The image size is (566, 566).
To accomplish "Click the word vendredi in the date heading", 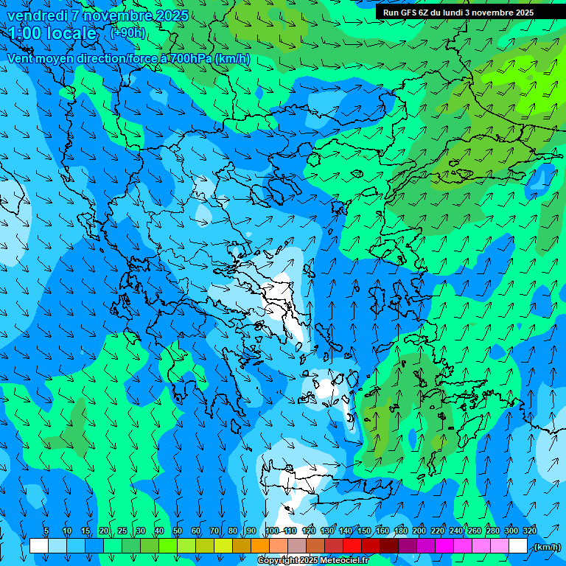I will pyautogui.click(x=35, y=15).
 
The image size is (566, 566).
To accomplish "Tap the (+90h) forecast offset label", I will pyautogui.click(x=127, y=32).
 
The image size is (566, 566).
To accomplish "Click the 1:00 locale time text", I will pyautogui.click(x=52, y=33).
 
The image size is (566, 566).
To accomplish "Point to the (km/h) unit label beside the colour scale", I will pyautogui.click(x=547, y=547).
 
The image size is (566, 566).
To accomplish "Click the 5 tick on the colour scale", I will pyautogui.click(x=46, y=531).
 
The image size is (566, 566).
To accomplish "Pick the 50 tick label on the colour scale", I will pyautogui.click(x=177, y=531).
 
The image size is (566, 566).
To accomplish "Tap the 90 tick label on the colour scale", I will pyautogui.click(x=251, y=531).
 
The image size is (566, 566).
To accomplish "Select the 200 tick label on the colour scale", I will pyautogui.click(x=419, y=531).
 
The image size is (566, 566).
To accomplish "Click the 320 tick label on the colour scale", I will pyautogui.click(x=529, y=531).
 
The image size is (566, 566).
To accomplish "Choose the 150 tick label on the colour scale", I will pyautogui.click(x=363, y=531).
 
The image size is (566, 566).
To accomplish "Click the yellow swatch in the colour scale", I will pyautogui.click(x=223, y=546).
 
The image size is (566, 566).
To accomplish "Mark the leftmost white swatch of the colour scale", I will pyautogui.click(x=39, y=546).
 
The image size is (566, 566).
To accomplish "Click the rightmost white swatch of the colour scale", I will pyautogui.click(x=518, y=546).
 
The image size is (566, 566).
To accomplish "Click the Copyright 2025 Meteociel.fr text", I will pyautogui.click(x=313, y=561).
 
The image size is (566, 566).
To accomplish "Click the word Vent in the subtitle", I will pyautogui.click(x=21, y=58).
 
